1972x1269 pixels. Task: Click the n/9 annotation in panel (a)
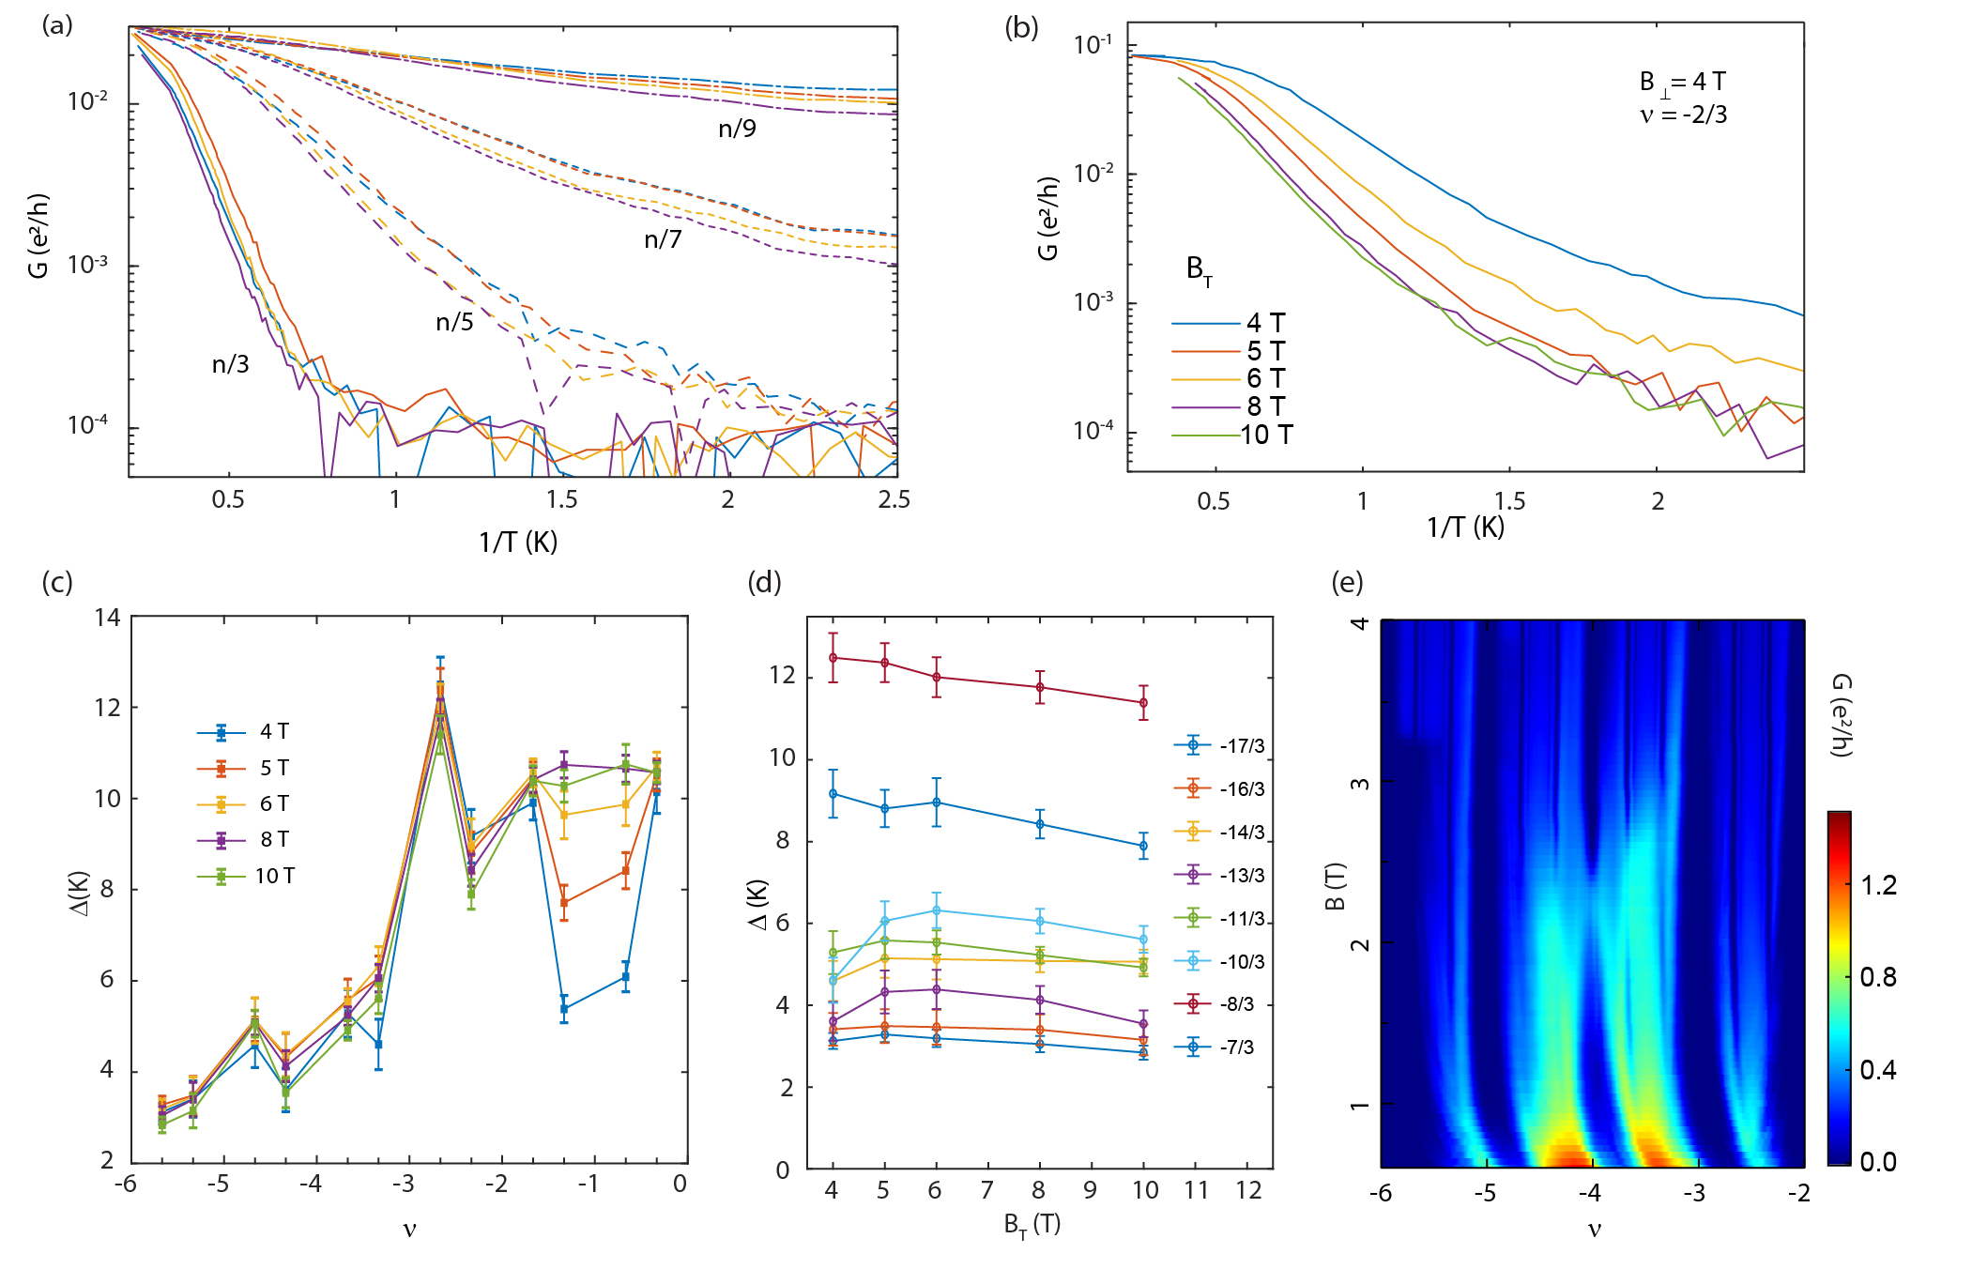tap(737, 129)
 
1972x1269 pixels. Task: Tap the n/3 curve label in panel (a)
tap(230, 364)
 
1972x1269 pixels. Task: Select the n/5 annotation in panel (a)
tap(454, 323)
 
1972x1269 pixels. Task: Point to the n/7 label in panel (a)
tap(663, 240)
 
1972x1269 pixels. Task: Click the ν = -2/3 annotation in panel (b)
tap(1683, 115)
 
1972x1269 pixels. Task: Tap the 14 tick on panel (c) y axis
tap(108, 618)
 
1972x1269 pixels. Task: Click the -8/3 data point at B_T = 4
tap(833, 657)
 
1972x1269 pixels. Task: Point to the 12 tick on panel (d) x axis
tap(1248, 1190)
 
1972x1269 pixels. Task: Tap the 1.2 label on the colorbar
tap(1878, 885)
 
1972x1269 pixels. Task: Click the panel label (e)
tap(1347, 583)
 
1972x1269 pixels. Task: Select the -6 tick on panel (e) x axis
tap(1380, 1194)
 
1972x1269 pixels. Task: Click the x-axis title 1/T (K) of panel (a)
tap(518, 542)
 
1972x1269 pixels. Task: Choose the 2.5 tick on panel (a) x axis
tap(894, 499)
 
